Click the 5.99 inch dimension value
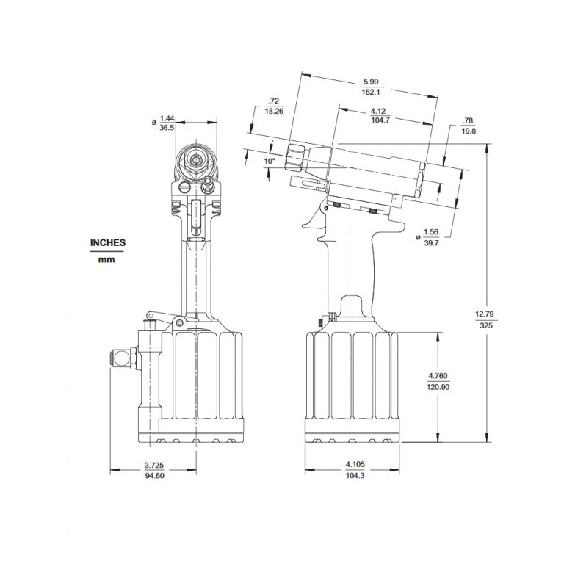[370, 82]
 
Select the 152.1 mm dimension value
[370, 93]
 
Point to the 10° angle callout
[270, 161]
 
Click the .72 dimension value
[274, 100]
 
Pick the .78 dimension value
[468, 120]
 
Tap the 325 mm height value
[486, 325]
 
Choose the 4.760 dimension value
[438, 376]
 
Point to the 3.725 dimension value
[153, 464]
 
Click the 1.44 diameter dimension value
[167, 117]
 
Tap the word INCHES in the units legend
[108, 242]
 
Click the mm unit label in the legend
[108, 258]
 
